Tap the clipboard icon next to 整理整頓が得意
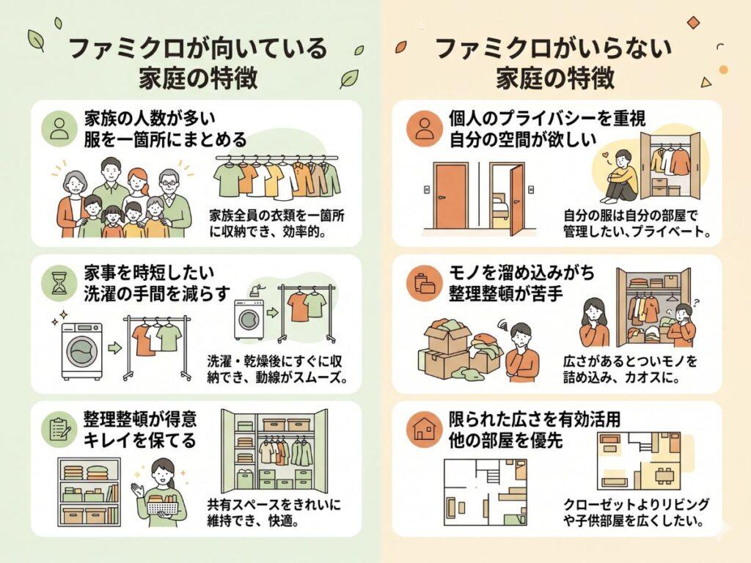pyautogui.click(x=57, y=429)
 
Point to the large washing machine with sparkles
pyautogui.click(x=81, y=350)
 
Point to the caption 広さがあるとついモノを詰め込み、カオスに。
pyautogui.click(x=631, y=369)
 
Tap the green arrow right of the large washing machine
pyautogui.click(x=114, y=347)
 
